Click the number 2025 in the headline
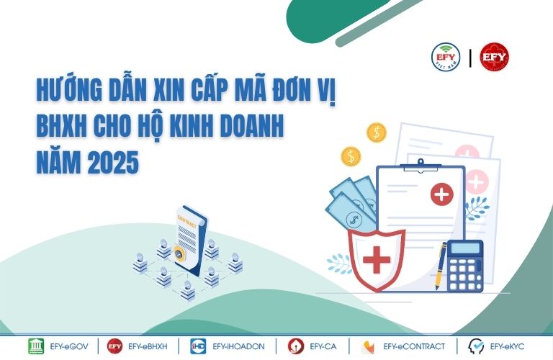pyautogui.click(x=113, y=163)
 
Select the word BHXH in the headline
pyautogui.click(x=61, y=126)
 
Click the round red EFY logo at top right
pyautogui.click(x=494, y=57)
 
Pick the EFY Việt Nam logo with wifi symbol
pyautogui.click(x=446, y=57)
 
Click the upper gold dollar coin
pyautogui.click(x=377, y=132)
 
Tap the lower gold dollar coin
pyautogui.click(x=351, y=156)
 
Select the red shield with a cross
pyautogui.click(x=377, y=259)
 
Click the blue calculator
pyautogui.click(x=465, y=266)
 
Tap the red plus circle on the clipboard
pyautogui.click(x=442, y=194)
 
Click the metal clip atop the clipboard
pyautogui.click(x=421, y=166)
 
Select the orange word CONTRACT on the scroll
pyautogui.click(x=187, y=222)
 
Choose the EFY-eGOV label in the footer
pyautogui.click(x=69, y=346)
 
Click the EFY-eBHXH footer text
pyautogui.click(x=148, y=346)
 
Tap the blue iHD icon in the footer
pyautogui.click(x=198, y=346)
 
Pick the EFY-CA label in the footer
pyautogui.click(x=323, y=346)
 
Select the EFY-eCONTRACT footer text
pyautogui.click(x=414, y=346)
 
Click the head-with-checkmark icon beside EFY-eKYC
pyautogui.click(x=476, y=346)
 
